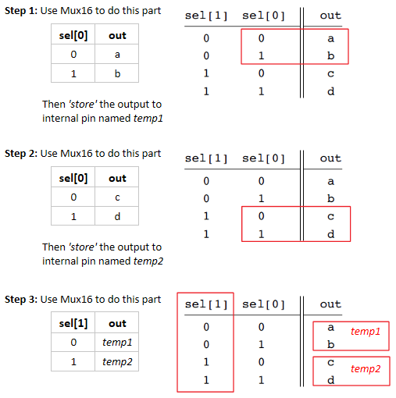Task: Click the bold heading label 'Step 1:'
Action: (x=21, y=11)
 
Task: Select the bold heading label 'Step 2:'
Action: (x=21, y=154)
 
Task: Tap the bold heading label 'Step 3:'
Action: (x=21, y=300)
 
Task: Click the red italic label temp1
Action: (x=366, y=332)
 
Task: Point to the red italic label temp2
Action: (x=366, y=369)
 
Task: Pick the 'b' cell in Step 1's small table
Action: (x=117, y=73)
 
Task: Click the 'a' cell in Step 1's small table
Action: (x=117, y=55)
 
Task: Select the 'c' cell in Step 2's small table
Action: (x=117, y=197)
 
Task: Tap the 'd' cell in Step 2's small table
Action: (x=117, y=216)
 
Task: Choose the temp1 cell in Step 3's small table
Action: (x=117, y=343)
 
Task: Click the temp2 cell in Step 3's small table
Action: (x=117, y=361)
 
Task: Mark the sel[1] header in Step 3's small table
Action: (x=73, y=323)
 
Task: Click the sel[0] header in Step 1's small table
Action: (x=73, y=35)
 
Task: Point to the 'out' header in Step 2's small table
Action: (x=117, y=178)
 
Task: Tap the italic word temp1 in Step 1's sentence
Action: (x=148, y=119)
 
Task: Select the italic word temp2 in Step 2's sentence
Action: (x=148, y=261)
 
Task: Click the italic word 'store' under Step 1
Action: (x=83, y=104)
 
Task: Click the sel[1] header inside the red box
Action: (x=206, y=304)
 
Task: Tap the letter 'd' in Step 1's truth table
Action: (x=330, y=91)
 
